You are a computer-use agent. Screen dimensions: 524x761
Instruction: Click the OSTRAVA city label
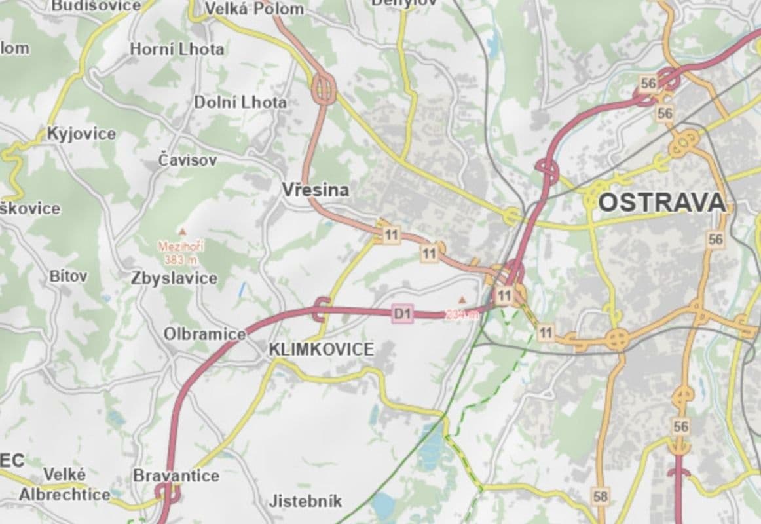tap(662, 202)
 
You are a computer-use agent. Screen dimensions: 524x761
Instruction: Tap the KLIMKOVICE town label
tap(321, 350)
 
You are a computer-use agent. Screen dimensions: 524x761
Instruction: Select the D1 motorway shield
tap(402, 314)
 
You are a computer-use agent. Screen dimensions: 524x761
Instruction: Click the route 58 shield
tap(600, 496)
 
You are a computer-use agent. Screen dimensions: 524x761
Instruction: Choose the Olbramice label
tap(204, 334)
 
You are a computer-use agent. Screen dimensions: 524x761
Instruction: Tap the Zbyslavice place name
tap(174, 278)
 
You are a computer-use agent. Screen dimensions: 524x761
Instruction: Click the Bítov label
tap(68, 276)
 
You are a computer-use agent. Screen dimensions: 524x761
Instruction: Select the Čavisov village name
tap(187, 160)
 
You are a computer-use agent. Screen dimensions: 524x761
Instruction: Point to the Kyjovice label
tap(81, 134)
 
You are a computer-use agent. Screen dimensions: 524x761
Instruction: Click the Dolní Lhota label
tap(240, 102)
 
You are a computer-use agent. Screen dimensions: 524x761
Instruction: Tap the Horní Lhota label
tap(176, 49)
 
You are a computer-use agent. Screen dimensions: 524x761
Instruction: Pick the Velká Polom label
tap(254, 9)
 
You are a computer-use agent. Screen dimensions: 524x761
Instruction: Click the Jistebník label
tap(305, 502)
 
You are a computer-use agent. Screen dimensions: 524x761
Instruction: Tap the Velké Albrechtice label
tap(64, 485)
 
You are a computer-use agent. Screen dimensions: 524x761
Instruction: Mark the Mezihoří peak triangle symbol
tap(182, 232)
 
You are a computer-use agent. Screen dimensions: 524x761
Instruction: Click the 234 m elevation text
tap(462, 314)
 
